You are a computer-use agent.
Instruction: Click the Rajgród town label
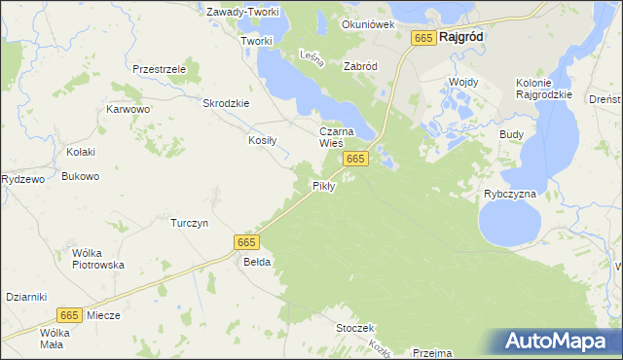462,37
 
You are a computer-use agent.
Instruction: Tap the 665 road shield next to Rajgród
422,37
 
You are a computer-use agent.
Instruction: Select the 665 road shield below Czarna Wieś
355,159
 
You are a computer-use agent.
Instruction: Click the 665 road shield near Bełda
246,241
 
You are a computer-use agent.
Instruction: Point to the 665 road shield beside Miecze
68,314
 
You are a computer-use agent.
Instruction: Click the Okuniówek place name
368,24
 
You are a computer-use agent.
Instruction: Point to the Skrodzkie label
226,103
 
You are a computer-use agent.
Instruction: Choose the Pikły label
323,185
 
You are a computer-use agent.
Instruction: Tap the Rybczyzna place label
510,194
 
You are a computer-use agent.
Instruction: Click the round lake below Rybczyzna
509,226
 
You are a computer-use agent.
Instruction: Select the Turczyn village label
190,223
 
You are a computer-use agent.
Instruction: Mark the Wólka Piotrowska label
98,259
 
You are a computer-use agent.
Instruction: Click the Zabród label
360,66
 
